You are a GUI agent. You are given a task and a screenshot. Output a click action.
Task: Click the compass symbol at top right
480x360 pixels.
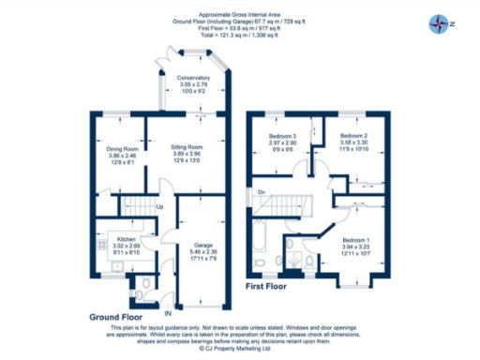pos(438,22)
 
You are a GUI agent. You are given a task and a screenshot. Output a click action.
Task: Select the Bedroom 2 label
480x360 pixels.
pos(352,137)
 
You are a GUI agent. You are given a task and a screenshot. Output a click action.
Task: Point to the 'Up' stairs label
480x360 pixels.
pos(161,206)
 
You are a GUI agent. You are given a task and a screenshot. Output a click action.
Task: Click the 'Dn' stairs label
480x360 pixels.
pos(260,192)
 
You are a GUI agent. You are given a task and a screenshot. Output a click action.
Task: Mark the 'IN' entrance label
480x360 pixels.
pos(167,310)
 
